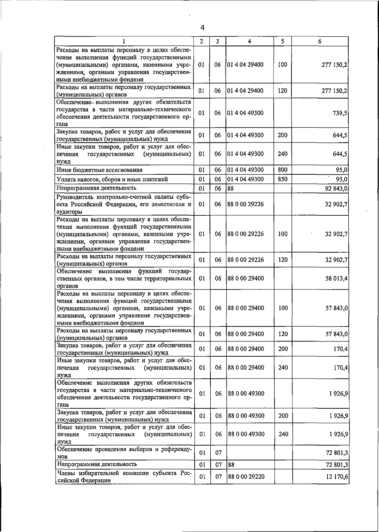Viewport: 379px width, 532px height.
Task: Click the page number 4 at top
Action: tap(202, 28)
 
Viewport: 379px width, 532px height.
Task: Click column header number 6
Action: tap(320, 41)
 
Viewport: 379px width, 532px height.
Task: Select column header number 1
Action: tap(124, 41)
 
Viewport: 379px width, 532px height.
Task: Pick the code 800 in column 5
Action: tap(282, 170)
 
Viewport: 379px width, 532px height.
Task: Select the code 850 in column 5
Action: tap(282, 179)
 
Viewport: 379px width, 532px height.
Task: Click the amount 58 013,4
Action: tap(337, 278)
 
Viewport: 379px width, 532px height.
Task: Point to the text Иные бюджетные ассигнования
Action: tap(99, 170)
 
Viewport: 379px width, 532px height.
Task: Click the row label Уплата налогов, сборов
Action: tap(112, 179)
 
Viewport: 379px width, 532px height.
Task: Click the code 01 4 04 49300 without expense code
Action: tap(245, 113)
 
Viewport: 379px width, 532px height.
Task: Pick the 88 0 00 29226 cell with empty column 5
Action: tap(245, 204)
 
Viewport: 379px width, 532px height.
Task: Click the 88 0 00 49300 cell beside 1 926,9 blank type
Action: tap(246, 393)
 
